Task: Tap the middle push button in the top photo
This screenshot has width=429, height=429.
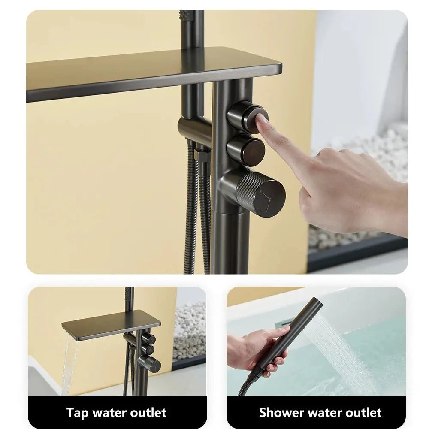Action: pyautogui.click(x=245, y=149)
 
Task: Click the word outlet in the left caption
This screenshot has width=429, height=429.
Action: pyautogui.click(x=146, y=413)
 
